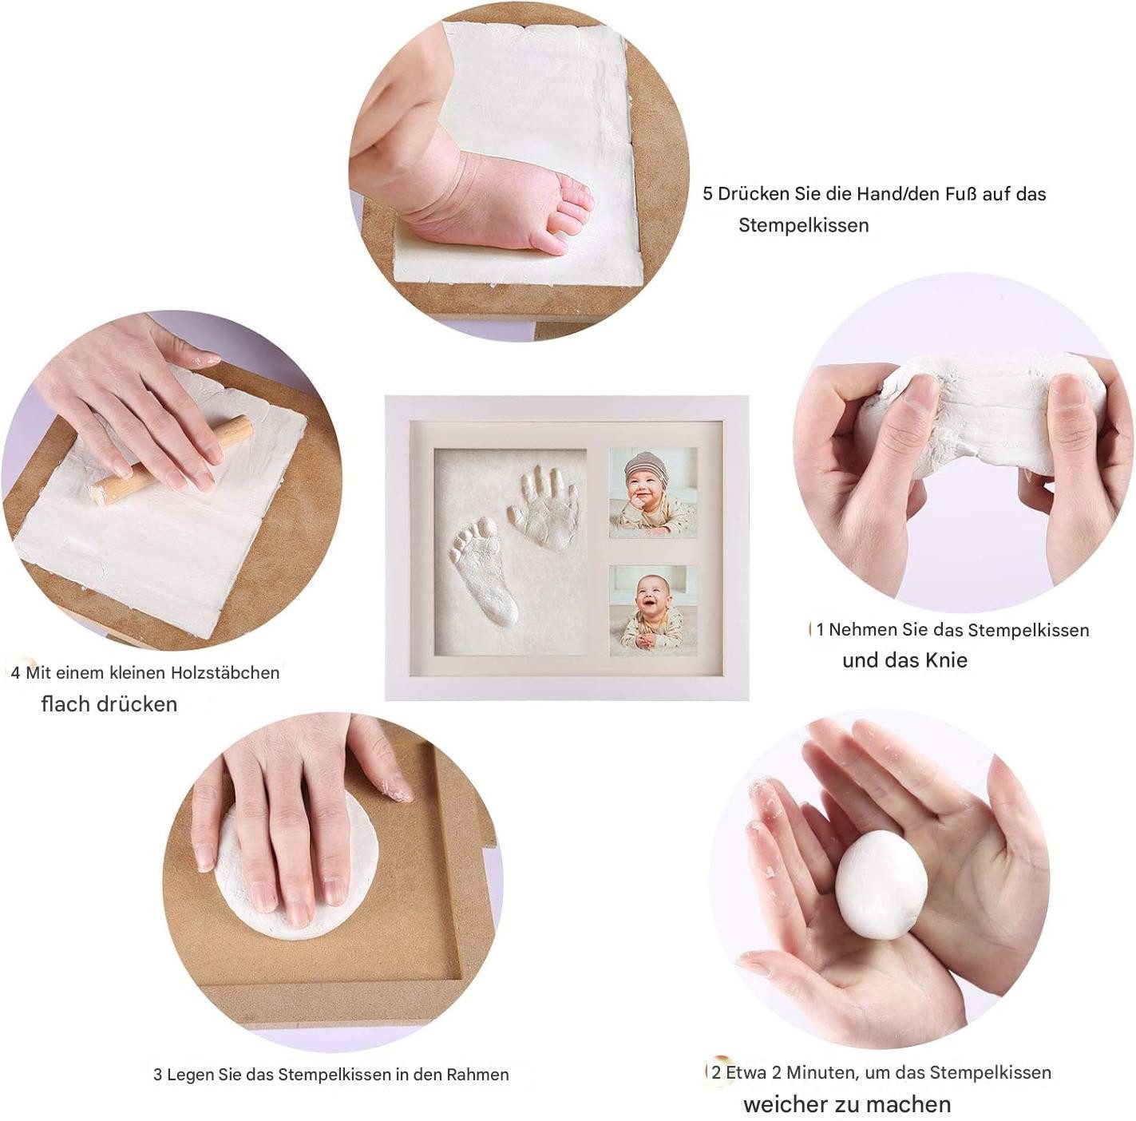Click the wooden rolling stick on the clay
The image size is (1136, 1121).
tap(171, 460)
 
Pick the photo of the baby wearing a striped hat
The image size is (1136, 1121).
tap(652, 493)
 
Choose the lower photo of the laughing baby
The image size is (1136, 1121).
tap(652, 610)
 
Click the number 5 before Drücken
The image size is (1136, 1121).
tap(707, 194)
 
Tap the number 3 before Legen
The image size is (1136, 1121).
tap(157, 1075)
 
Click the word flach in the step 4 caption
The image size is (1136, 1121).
tap(61, 704)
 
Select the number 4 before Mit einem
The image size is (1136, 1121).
tap(15, 673)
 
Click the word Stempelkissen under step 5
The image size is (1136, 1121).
tap(804, 225)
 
